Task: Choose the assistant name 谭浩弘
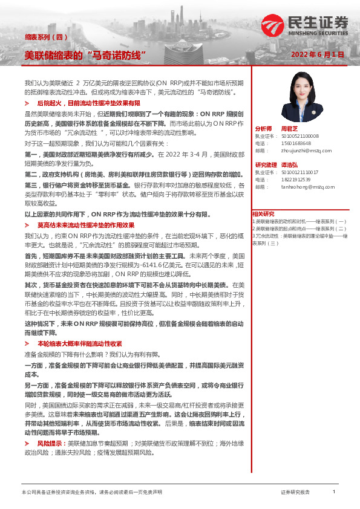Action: coord(290,165)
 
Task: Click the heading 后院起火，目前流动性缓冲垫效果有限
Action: coord(88,104)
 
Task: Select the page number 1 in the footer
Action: coord(334,492)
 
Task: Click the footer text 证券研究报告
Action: coord(295,493)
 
